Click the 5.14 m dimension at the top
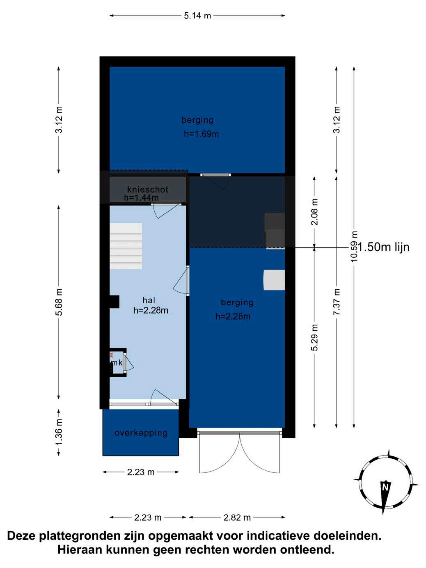click(197, 16)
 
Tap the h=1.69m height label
click(201, 134)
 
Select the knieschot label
click(148, 190)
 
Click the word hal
click(149, 300)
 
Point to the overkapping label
click(141, 433)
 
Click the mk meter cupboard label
click(117, 362)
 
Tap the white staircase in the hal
click(126, 246)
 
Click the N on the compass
click(385, 487)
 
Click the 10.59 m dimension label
click(354, 246)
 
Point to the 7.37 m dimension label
click(337, 302)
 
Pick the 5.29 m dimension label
click(314, 337)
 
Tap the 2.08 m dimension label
click(314, 212)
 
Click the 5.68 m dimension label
click(59, 302)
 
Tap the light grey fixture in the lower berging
click(274, 280)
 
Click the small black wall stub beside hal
click(115, 302)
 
